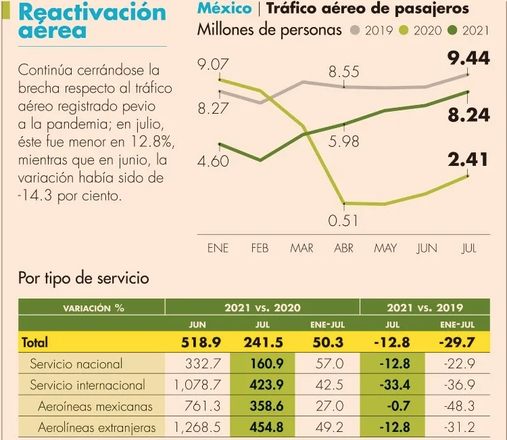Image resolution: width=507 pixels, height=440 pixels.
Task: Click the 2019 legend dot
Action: point(356,30)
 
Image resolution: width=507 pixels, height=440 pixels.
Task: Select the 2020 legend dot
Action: point(405,30)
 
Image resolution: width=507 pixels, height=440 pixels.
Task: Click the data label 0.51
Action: point(343,221)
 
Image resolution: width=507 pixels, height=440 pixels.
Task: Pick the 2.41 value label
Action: point(468,160)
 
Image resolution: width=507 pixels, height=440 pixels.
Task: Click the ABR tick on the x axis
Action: point(343,248)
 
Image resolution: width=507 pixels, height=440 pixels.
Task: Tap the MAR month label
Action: point(301,248)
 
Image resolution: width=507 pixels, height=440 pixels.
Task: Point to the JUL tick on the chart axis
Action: point(468,248)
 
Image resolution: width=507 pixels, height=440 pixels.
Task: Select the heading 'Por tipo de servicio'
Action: point(83,278)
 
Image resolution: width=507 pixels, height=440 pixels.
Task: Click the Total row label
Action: point(35,343)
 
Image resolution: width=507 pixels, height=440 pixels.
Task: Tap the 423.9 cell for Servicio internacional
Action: point(262,385)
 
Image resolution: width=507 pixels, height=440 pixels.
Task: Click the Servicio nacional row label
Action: point(76,364)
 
